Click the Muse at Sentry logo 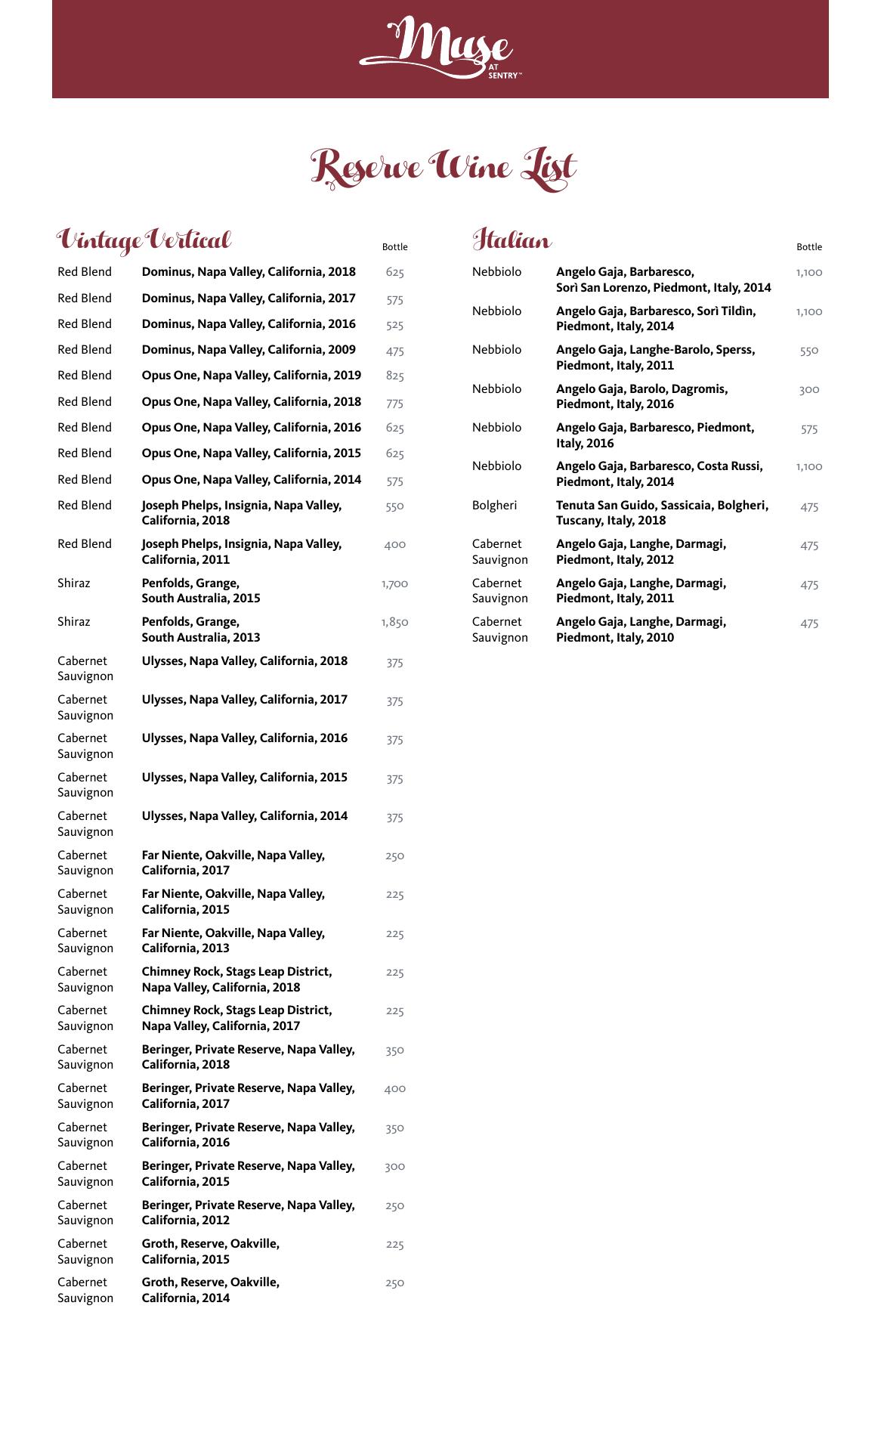coord(440,50)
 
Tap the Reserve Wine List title coord(444,167)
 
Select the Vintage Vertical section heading coord(144,240)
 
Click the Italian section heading coord(512,240)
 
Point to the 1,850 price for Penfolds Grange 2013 coord(394,623)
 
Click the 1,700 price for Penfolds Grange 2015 coord(394,584)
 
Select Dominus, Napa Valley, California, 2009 coord(249,350)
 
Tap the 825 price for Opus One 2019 coord(394,376)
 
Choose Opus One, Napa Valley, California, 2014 coord(251,480)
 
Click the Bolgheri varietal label coord(494,506)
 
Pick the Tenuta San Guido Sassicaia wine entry coord(662,513)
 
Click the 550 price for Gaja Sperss coord(808,351)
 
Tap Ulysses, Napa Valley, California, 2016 coord(245,738)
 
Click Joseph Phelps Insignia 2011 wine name coord(242,552)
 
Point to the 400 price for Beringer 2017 coord(394,1089)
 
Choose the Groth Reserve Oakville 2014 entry coord(211,1290)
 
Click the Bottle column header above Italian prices coord(808,247)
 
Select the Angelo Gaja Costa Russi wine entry coord(659,474)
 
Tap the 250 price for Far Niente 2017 coord(394,856)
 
